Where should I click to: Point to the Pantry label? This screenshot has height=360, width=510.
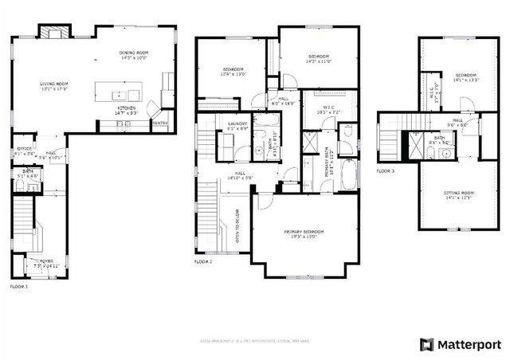(159, 123)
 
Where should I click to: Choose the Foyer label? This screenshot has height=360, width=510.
(36, 262)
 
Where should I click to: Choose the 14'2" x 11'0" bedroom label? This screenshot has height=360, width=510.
(319, 59)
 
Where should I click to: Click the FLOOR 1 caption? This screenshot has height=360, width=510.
(18, 286)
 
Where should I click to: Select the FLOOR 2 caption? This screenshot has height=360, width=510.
(203, 261)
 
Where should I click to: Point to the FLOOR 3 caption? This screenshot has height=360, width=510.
(385, 170)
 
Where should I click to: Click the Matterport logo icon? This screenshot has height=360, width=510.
(427, 344)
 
